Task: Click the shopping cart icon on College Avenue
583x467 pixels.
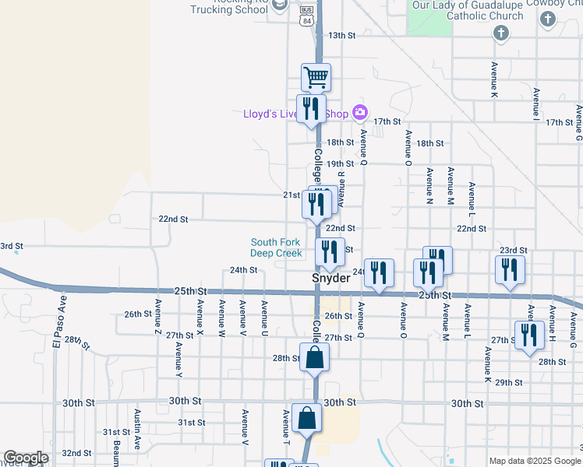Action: (316, 78)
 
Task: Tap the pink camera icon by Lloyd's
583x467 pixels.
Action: (359, 112)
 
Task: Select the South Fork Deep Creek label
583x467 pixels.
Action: (276, 248)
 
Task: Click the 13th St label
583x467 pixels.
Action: (341, 36)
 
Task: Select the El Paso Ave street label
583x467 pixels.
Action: (56, 332)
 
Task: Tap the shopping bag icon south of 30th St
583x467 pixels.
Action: (306, 418)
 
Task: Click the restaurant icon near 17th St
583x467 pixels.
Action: (311, 108)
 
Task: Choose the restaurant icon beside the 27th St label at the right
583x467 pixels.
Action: (529, 335)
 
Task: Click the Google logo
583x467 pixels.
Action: (26, 458)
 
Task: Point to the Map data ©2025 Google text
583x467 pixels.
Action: (534, 460)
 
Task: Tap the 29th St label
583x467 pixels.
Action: (508, 382)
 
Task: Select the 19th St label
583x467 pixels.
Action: (341, 163)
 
